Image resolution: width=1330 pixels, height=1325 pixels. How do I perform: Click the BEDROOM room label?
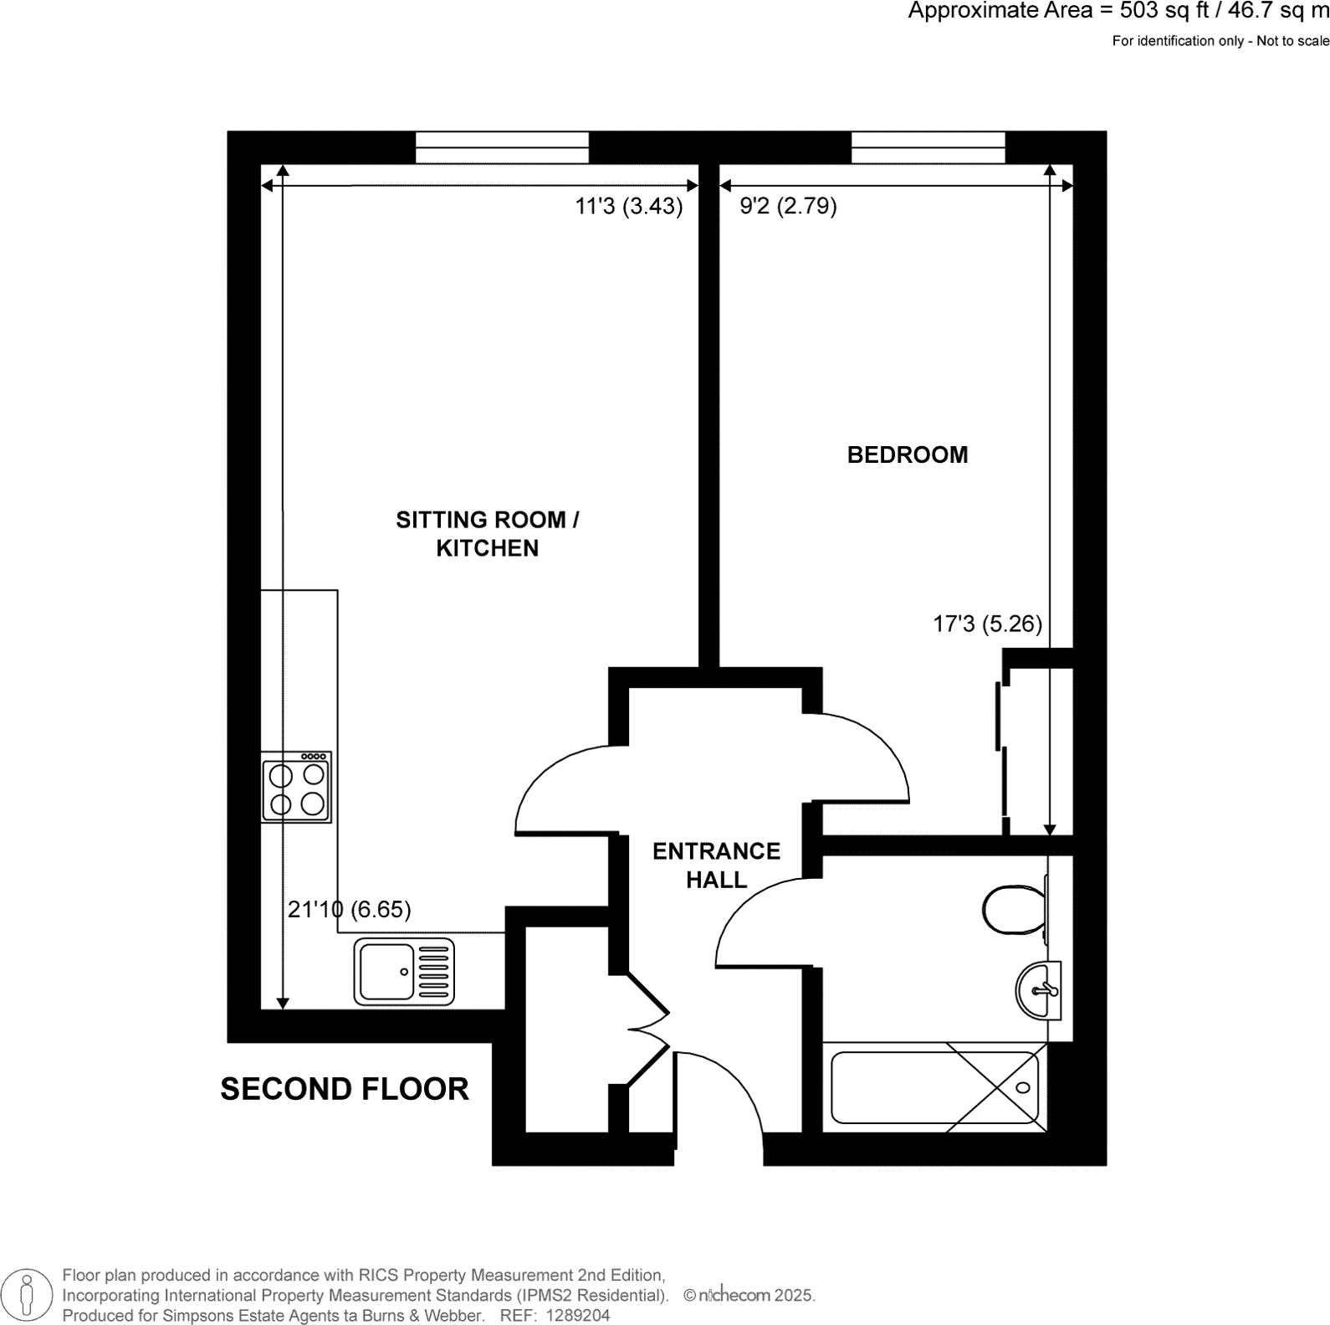click(x=907, y=455)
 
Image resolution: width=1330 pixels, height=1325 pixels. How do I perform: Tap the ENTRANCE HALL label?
click(x=716, y=865)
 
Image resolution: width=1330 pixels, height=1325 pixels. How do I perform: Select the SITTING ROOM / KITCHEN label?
click(x=487, y=533)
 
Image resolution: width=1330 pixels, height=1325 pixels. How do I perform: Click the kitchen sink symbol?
click(x=404, y=971)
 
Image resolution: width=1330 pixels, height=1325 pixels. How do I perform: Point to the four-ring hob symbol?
click(x=296, y=788)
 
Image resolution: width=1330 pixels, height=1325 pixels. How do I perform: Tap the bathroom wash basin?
click(x=1038, y=990)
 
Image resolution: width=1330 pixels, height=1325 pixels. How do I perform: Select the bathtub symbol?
click(x=934, y=1087)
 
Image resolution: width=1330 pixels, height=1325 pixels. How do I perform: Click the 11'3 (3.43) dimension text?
click(x=629, y=206)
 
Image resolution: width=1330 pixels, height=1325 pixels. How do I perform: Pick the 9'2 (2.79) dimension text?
click(x=789, y=206)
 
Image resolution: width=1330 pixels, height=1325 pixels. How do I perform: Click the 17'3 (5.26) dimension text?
click(x=987, y=624)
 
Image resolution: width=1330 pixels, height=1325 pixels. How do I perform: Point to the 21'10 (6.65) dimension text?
click(x=350, y=909)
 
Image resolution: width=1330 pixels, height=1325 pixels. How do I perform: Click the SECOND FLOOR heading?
click(x=345, y=1089)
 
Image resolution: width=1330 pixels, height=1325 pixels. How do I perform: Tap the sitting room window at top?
click(x=502, y=147)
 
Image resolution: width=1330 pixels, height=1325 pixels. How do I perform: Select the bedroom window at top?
click(x=928, y=147)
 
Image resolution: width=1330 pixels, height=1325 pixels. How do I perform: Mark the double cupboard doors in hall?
click(x=648, y=1030)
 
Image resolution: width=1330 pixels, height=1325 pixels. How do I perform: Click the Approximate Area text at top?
click(x=1118, y=12)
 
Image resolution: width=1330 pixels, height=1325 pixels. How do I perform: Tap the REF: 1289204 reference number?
click(x=555, y=1316)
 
